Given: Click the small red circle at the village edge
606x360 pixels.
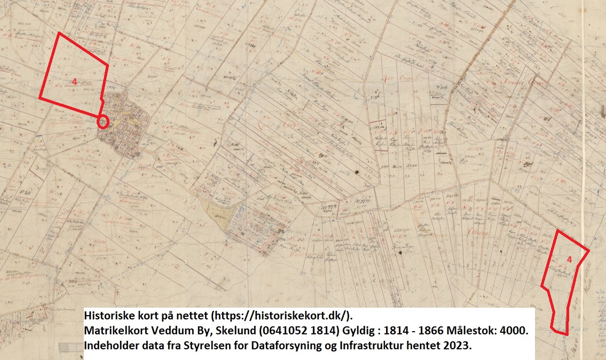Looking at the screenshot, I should pyautogui.click(x=104, y=122).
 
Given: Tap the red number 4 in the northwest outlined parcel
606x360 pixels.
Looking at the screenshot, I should pyautogui.click(x=75, y=81).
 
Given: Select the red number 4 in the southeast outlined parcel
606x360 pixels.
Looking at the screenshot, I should pyautogui.click(x=569, y=260).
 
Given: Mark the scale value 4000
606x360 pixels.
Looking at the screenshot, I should pyautogui.click(x=514, y=331).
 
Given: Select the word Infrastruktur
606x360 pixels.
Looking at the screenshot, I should pyautogui.click(x=372, y=346).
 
